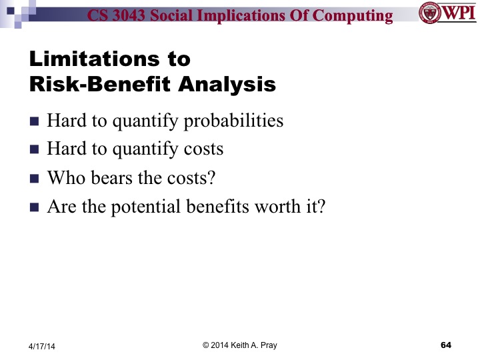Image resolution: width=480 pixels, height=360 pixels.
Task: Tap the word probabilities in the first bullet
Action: (234, 121)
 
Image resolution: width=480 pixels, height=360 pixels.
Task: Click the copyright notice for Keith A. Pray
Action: (241, 344)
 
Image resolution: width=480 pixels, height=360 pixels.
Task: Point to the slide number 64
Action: (446, 344)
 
